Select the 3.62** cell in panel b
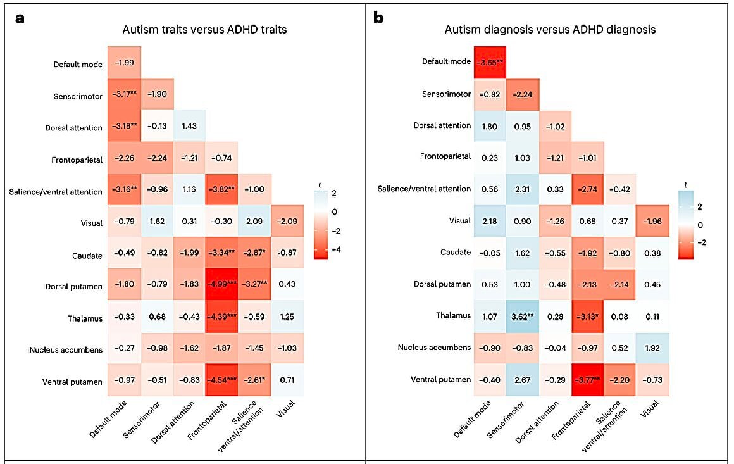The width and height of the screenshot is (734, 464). [522, 315]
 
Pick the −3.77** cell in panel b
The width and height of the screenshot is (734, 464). [587, 379]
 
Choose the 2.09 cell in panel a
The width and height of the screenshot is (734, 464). [255, 222]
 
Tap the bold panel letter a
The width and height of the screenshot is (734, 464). [20, 17]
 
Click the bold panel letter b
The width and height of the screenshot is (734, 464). [378, 17]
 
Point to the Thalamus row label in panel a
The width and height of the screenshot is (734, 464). [85, 318]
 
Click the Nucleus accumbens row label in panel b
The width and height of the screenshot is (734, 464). [434, 348]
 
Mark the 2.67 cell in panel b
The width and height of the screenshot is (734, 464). [522, 379]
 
